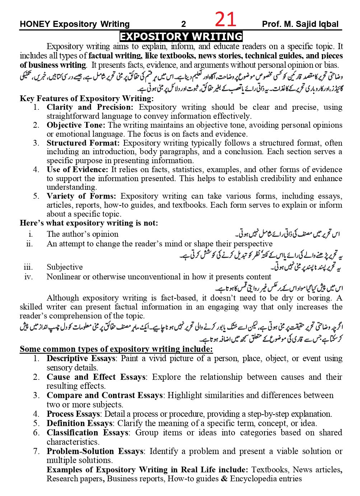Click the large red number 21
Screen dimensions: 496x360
click(226, 20)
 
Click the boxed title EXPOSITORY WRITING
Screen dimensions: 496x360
click(181, 37)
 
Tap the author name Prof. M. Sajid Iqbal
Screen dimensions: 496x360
click(300, 24)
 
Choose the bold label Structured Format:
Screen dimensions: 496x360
click(83, 143)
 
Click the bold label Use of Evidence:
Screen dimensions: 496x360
click(77, 169)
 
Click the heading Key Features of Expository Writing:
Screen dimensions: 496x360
click(87, 98)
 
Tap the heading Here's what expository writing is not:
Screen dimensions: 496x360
click(89, 223)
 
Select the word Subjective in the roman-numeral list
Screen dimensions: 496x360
click(65, 267)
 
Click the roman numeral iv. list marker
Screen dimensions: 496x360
click(28, 277)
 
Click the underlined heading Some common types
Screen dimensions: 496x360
click(116, 349)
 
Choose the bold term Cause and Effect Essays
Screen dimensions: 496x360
click(96, 377)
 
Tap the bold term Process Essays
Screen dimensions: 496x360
click(73, 414)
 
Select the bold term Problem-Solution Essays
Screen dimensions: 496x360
click(95, 451)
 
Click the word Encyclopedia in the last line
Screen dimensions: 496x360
click(256, 479)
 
